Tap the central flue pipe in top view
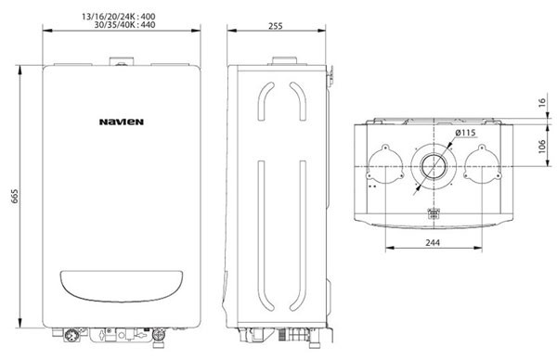point(431,168)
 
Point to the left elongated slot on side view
point(263,195)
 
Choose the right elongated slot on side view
point(299,195)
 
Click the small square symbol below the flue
point(431,213)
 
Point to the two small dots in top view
point(372,186)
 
